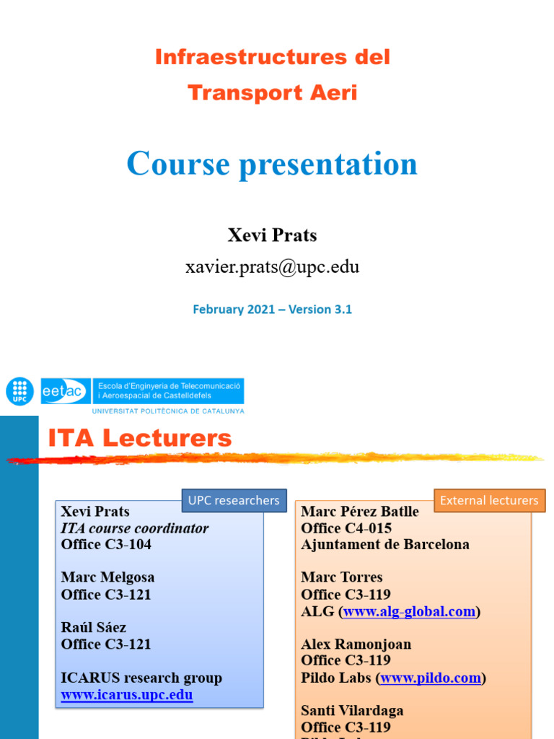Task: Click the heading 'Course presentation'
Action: pyautogui.click(x=272, y=164)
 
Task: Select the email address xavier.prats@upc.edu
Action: pyautogui.click(x=272, y=267)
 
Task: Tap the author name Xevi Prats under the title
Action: pyautogui.click(x=272, y=235)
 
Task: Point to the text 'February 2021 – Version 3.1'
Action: pyautogui.click(x=272, y=309)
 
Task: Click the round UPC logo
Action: pyautogui.click(x=19, y=391)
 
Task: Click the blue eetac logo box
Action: pyautogui.click(x=66, y=391)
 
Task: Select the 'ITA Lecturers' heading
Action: pyautogui.click(x=140, y=437)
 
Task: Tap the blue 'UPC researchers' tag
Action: pyautogui.click(x=234, y=500)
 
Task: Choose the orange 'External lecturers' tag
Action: pyautogui.click(x=489, y=500)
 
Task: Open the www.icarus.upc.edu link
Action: pyautogui.click(x=127, y=695)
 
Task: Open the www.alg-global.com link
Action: pyautogui.click(x=409, y=611)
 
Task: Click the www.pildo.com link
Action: pyautogui.click(x=430, y=678)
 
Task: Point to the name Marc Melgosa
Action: pyautogui.click(x=107, y=577)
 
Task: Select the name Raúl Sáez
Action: pyautogui.click(x=94, y=627)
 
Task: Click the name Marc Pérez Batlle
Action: pyautogui.click(x=360, y=511)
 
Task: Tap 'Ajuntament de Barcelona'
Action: pyautogui.click(x=385, y=544)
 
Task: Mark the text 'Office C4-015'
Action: pyautogui.click(x=346, y=528)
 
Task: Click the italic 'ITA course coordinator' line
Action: pyautogui.click(x=135, y=528)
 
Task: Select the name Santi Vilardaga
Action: pyautogui.click(x=352, y=710)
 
